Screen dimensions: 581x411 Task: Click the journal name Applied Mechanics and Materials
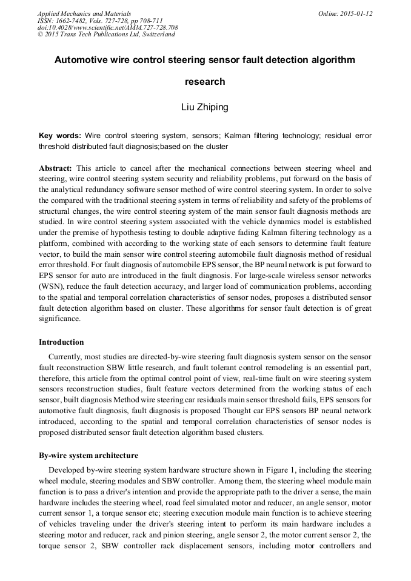pyautogui.click(x=84, y=13)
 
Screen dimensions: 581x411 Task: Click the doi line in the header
pyautogui.click(x=107, y=28)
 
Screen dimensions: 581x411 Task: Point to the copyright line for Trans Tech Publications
pyautogui.click(x=106, y=35)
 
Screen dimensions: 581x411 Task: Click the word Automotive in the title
pyautogui.click(x=82, y=61)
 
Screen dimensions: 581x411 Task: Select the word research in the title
pyautogui.click(x=205, y=82)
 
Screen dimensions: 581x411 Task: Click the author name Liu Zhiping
pyautogui.click(x=205, y=108)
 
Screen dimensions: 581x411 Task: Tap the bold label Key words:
pyautogui.click(x=60, y=136)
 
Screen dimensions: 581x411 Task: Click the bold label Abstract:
pyautogui.click(x=56, y=168)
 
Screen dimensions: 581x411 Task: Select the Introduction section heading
pyautogui.click(x=61, y=342)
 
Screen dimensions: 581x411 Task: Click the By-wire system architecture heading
pyautogui.click(x=88, y=456)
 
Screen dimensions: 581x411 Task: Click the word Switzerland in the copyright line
pyautogui.click(x=158, y=35)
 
